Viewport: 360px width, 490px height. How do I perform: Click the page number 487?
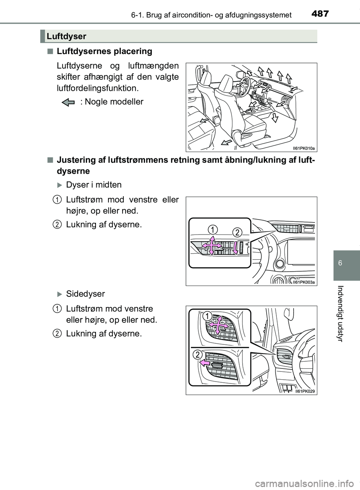tap(319, 14)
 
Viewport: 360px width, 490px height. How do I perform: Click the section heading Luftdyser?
tap(67, 36)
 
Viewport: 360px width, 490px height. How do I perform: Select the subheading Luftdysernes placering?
tap(104, 51)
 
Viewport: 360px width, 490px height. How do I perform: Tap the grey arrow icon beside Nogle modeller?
tap(69, 102)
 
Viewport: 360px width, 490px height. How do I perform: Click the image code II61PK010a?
tap(303, 148)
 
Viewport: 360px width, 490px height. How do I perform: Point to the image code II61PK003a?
tap(303, 282)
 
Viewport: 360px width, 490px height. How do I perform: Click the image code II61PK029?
tap(305, 391)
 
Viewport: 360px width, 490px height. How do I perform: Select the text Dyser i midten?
tap(94, 185)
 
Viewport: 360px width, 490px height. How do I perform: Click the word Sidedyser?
tap(85, 294)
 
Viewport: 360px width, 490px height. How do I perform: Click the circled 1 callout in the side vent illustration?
tap(206, 316)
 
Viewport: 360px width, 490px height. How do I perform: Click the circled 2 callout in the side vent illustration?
tap(198, 355)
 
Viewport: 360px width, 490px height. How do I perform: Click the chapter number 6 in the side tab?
tap(340, 263)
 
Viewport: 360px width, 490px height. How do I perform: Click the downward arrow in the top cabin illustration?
tap(274, 118)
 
